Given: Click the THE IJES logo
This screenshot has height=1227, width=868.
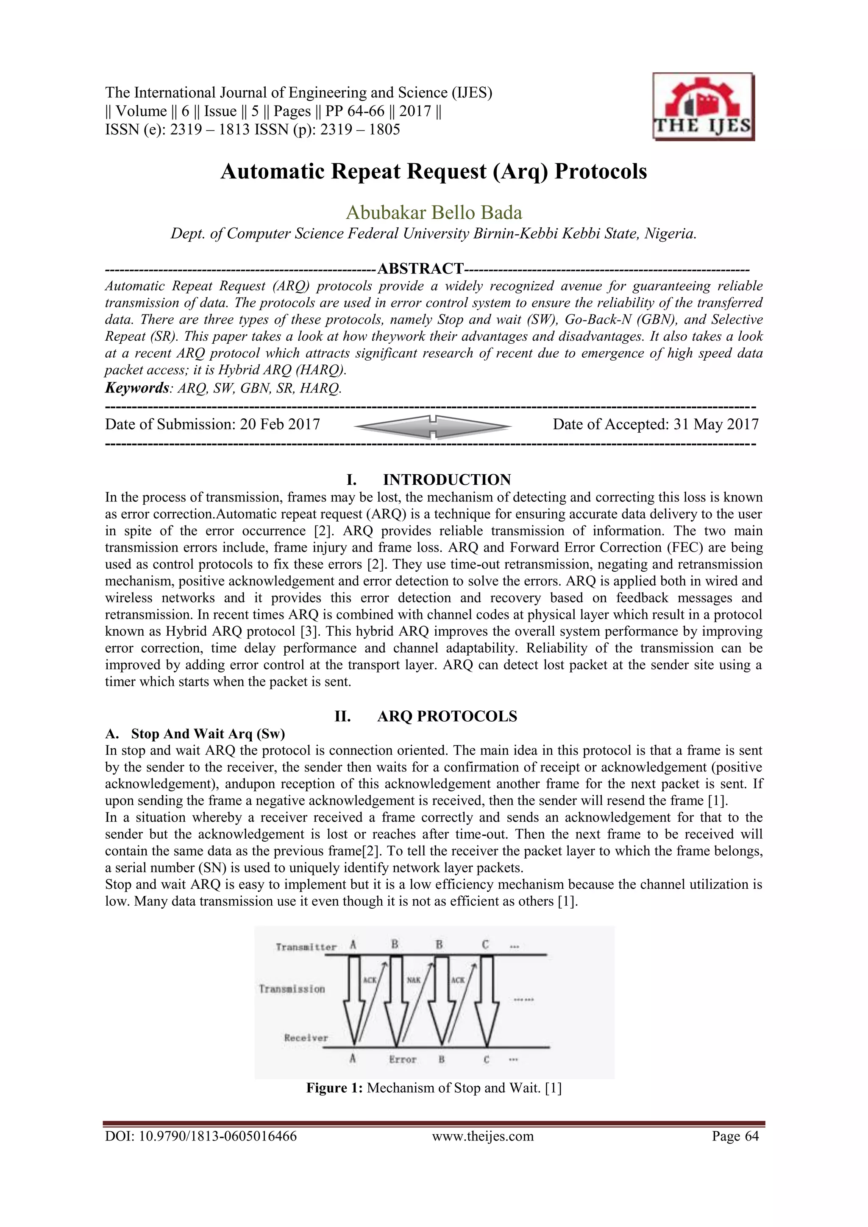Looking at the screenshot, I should tap(703, 107).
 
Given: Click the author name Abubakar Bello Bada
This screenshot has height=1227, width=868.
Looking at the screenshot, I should tap(434, 213).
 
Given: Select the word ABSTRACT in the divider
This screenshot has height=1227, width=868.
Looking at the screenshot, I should tap(420, 268).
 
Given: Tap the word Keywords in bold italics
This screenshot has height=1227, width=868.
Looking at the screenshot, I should tap(137, 388).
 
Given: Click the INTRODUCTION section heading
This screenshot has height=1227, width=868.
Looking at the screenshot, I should tap(447, 479).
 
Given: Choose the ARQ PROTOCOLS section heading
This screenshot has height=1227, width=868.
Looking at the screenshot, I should tap(447, 716).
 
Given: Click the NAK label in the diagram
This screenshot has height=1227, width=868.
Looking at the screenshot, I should tap(414, 980).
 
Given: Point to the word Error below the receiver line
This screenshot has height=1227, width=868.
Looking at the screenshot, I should tap(403, 1059).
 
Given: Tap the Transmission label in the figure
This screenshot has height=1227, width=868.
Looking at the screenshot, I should tap(292, 989).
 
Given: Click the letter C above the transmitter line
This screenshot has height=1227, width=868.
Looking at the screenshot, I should tap(485, 945).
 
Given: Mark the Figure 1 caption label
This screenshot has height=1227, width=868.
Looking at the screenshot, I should tap(334, 1088).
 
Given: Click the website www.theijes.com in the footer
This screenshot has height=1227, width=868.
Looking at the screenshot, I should tap(483, 1136).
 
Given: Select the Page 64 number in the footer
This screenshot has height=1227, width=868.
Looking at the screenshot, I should tap(735, 1136).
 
